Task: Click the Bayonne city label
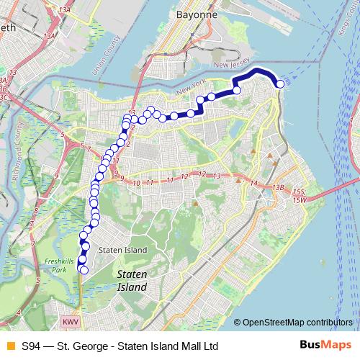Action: click(x=192, y=14)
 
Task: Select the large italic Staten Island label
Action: click(x=132, y=281)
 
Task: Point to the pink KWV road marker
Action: click(x=69, y=321)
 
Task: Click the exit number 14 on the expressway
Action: click(x=253, y=184)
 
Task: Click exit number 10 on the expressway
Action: click(x=136, y=184)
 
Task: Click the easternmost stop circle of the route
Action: click(x=280, y=86)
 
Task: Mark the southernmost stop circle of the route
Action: click(x=84, y=271)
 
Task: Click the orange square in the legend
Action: click(x=9, y=346)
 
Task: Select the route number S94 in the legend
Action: click(x=31, y=346)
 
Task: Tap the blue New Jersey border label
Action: click(x=237, y=65)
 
